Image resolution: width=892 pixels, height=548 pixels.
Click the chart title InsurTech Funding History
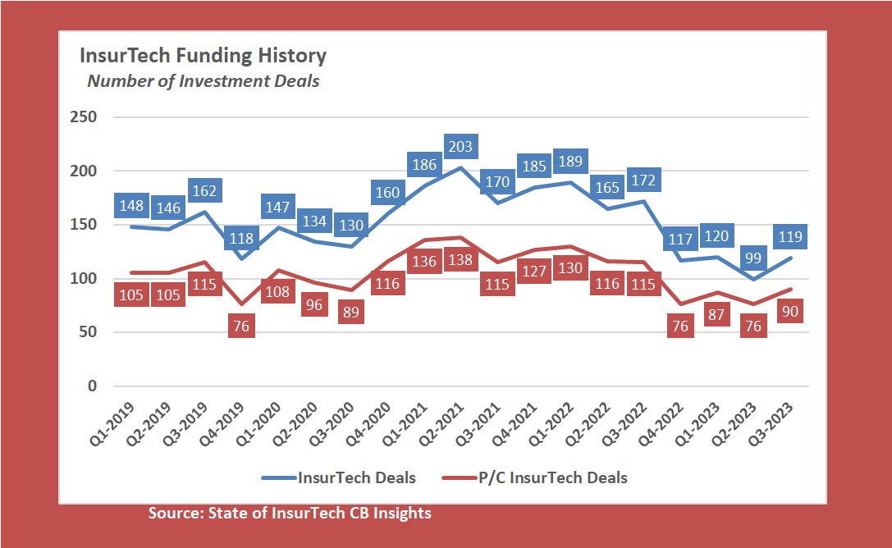click(x=203, y=56)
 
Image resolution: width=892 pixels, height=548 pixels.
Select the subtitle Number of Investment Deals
click(x=204, y=81)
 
